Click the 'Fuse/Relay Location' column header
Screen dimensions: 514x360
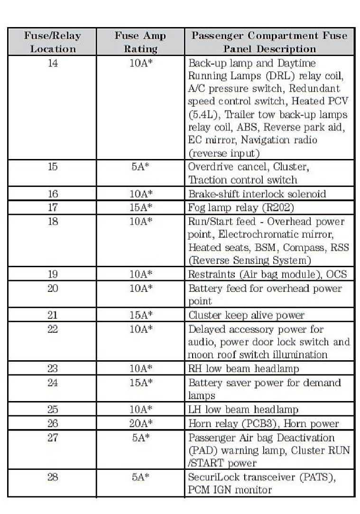(x=53, y=42)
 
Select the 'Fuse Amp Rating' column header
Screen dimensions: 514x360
(x=140, y=42)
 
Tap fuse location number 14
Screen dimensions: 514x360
(x=53, y=63)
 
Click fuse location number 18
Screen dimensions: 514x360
(x=53, y=222)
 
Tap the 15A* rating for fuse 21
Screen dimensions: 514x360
(x=141, y=315)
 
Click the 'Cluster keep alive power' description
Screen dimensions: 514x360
(x=246, y=315)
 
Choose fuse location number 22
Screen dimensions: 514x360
(x=53, y=329)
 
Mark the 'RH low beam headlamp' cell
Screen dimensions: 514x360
(x=243, y=368)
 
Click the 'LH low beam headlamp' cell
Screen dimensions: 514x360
(x=243, y=409)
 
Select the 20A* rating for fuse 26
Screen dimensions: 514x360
(x=141, y=423)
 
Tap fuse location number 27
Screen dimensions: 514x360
(x=53, y=438)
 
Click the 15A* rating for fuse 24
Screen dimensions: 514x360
(x=141, y=383)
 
